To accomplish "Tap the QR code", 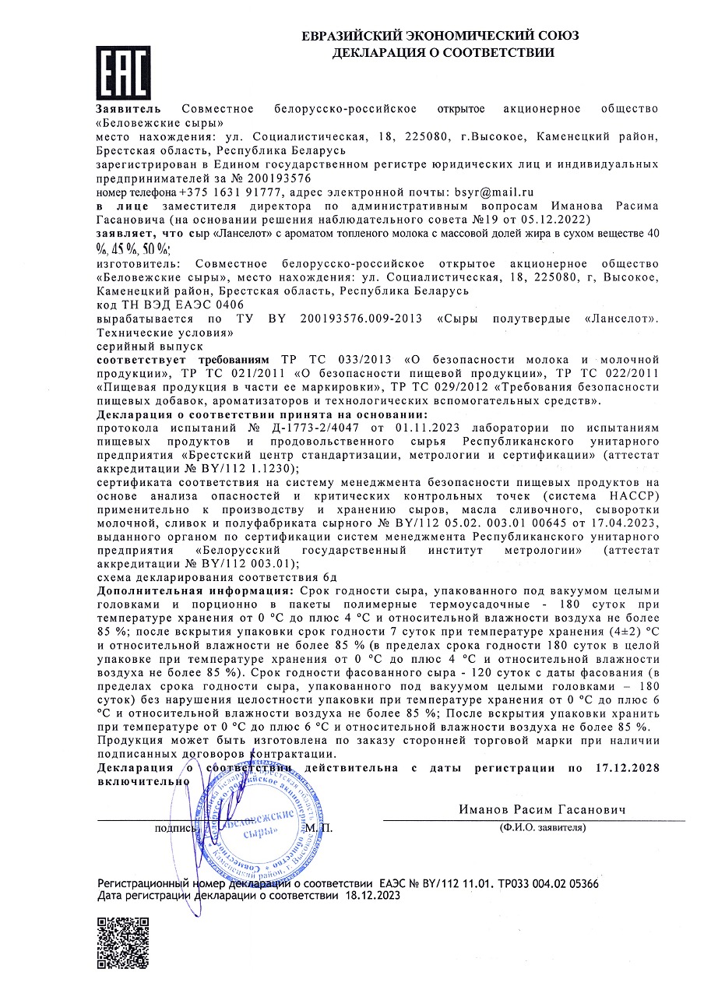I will [x=122, y=943].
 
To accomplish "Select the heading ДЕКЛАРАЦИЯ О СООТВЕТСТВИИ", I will [x=443, y=53].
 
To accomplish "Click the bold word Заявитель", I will [x=128, y=108].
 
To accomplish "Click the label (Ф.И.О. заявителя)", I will [x=543, y=827].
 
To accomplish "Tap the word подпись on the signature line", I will [x=176, y=827].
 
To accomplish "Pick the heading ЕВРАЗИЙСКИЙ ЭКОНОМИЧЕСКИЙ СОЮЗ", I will [x=440, y=37].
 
